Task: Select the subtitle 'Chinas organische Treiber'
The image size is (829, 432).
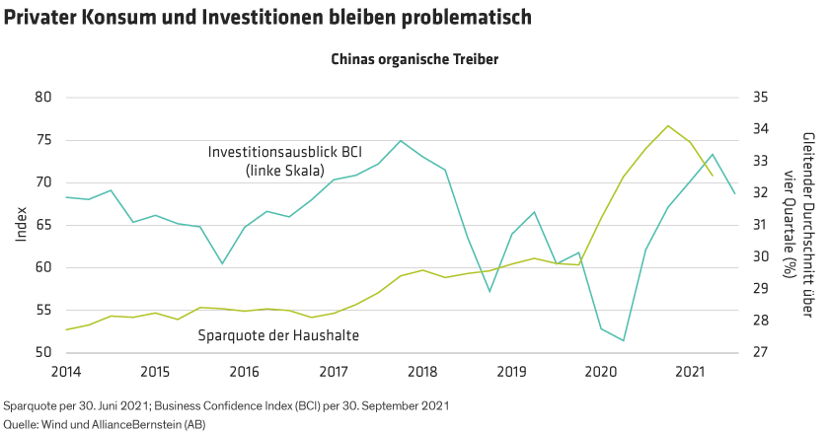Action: pos(414,58)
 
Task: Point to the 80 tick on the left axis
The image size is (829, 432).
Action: pos(43,98)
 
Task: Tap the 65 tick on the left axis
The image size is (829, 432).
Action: pos(43,225)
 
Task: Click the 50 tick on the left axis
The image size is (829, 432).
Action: pos(43,352)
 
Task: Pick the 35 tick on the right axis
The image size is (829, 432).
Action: pos(760,98)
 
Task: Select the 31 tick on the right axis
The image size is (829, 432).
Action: pos(760,225)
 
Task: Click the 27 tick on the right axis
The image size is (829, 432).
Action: pos(760,352)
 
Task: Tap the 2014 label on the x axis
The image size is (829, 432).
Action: pos(66,372)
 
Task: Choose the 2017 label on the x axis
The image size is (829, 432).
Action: pos(335,372)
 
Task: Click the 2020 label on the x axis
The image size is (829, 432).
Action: pos(602,372)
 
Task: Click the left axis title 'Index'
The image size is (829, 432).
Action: pos(21,225)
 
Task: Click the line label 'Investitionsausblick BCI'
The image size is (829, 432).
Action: pos(283,153)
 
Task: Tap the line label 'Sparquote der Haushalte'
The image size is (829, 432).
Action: pos(278,335)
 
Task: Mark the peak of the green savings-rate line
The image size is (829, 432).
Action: pos(668,125)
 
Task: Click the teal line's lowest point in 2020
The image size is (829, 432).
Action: pos(623,340)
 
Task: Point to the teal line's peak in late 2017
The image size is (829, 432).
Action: pos(400,140)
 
